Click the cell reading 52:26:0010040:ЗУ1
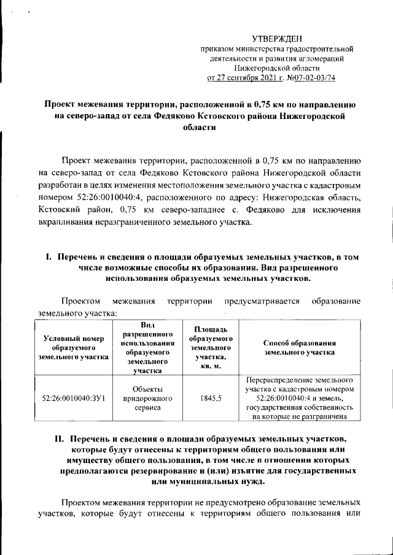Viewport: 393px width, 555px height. [x=73, y=398]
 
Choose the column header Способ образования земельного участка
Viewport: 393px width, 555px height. [x=299, y=348]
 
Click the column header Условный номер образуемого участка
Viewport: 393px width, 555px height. [x=73, y=348]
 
